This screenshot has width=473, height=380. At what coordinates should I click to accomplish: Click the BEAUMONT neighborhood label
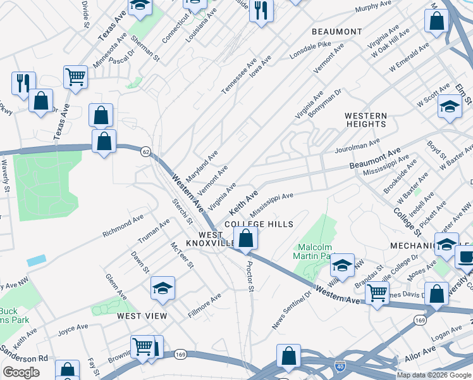(x=337, y=32)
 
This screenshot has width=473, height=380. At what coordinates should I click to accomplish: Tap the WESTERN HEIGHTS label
(x=365, y=120)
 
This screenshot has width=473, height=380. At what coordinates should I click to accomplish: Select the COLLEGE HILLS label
(x=259, y=224)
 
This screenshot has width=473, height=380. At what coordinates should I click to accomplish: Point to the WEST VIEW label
(x=142, y=315)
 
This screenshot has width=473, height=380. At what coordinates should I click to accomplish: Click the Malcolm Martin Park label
(x=314, y=251)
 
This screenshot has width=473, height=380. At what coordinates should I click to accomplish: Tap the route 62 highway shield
(x=146, y=153)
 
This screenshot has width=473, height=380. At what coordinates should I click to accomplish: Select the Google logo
(x=21, y=372)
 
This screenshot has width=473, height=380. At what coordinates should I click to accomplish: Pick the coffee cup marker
(x=465, y=257)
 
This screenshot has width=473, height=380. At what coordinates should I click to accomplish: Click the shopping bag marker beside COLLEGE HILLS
(x=245, y=239)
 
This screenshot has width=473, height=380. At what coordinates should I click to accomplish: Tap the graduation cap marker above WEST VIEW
(x=163, y=288)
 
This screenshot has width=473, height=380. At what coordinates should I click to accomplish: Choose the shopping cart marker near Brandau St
(x=377, y=293)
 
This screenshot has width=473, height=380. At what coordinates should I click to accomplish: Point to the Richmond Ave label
(x=124, y=229)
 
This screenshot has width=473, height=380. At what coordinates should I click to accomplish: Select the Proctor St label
(x=250, y=277)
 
